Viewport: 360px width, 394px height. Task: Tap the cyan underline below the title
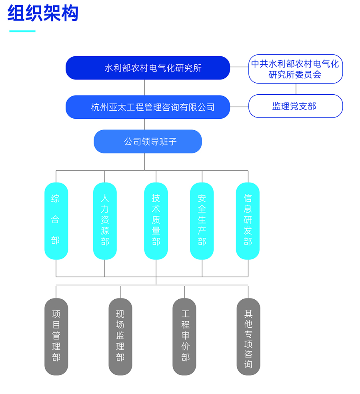click(22, 31)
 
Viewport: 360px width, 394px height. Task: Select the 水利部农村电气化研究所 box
click(148, 68)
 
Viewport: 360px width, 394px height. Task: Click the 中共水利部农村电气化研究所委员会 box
click(296, 69)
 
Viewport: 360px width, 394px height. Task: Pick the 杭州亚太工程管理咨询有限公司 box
click(148, 107)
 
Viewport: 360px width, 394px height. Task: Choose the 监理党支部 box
click(296, 106)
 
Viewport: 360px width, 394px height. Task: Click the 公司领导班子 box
click(148, 141)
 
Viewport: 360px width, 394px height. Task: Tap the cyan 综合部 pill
click(56, 221)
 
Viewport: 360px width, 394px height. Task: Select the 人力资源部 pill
click(105, 221)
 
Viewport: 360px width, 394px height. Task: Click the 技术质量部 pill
click(156, 221)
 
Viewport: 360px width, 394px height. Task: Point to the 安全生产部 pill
click(202, 221)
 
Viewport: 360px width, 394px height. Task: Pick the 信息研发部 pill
click(248, 221)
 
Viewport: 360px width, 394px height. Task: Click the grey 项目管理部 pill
click(56, 336)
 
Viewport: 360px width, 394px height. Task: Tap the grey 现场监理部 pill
click(120, 336)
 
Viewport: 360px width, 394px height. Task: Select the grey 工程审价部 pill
click(184, 336)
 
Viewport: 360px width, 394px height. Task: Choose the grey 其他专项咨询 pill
click(248, 336)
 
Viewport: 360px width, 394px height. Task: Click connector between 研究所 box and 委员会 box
click(239, 67)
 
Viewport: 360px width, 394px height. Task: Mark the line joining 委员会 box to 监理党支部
click(296, 89)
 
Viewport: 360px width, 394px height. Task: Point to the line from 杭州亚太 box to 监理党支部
click(239, 107)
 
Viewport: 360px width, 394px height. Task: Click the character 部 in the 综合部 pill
click(56, 241)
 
